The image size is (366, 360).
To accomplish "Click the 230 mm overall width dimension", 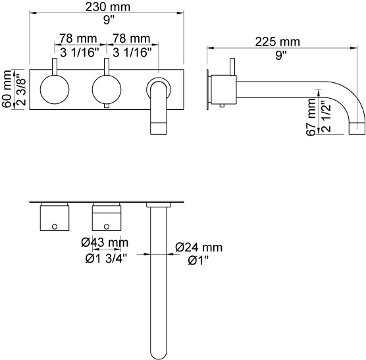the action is tap(107, 7).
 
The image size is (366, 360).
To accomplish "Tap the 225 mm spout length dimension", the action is tap(277, 42).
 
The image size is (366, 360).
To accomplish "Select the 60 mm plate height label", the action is tap(7, 89).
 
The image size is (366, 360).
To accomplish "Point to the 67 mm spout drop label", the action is tap(311, 117).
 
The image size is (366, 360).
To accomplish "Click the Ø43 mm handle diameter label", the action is tap(105, 243).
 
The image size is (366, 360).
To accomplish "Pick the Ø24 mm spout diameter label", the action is tap(199, 247).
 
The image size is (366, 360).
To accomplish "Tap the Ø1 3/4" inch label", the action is tap(106, 259).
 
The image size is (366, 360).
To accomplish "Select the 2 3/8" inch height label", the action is tap(21, 89).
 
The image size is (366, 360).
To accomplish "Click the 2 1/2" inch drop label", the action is tap(326, 116).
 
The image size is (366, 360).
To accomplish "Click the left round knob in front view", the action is tap(55, 90).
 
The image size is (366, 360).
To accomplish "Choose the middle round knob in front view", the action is tap(107, 90).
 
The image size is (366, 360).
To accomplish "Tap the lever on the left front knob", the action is tap(55, 66).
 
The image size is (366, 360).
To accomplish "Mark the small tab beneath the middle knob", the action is tap(107, 106).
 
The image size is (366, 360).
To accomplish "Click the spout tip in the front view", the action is tap(159, 128).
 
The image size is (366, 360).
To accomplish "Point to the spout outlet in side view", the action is tap(357, 128).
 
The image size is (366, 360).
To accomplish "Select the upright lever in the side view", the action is tap(232, 66).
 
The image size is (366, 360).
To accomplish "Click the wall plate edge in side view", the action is tap(207, 90).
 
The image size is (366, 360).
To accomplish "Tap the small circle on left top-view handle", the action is tap(55, 226).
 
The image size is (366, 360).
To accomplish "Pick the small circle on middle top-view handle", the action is tap(107, 226).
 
